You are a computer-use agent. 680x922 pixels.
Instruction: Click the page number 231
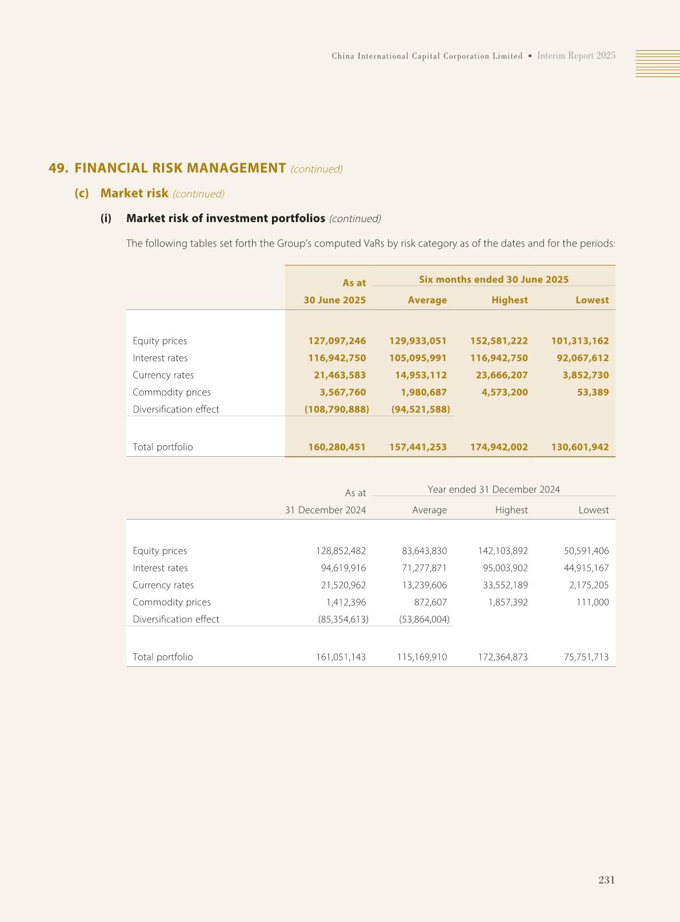(x=606, y=880)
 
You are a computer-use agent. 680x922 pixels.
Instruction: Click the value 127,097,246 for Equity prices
(x=337, y=341)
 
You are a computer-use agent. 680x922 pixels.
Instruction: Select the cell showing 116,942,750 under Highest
(x=499, y=358)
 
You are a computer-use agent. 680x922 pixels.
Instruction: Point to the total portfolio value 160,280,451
(x=337, y=447)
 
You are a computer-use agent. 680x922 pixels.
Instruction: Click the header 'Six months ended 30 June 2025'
(x=494, y=279)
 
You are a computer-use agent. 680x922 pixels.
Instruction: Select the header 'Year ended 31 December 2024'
(x=494, y=489)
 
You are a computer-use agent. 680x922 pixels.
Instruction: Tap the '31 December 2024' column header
(x=325, y=510)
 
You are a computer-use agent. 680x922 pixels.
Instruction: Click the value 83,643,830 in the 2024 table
(x=424, y=551)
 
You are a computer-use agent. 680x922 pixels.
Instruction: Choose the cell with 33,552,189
(x=503, y=585)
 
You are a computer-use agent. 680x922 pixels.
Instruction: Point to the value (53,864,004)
(x=424, y=619)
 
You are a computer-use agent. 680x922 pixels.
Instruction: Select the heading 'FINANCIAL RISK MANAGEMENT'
(x=180, y=168)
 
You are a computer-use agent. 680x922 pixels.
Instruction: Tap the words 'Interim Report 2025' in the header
(x=576, y=56)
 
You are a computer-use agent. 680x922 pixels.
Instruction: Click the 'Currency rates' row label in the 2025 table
(x=163, y=375)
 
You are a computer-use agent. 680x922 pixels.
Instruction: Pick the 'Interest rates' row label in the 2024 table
(x=160, y=568)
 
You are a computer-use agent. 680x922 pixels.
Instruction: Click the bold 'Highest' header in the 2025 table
(x=509, y=300)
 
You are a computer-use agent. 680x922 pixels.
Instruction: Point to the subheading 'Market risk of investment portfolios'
(x=225, y=219)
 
